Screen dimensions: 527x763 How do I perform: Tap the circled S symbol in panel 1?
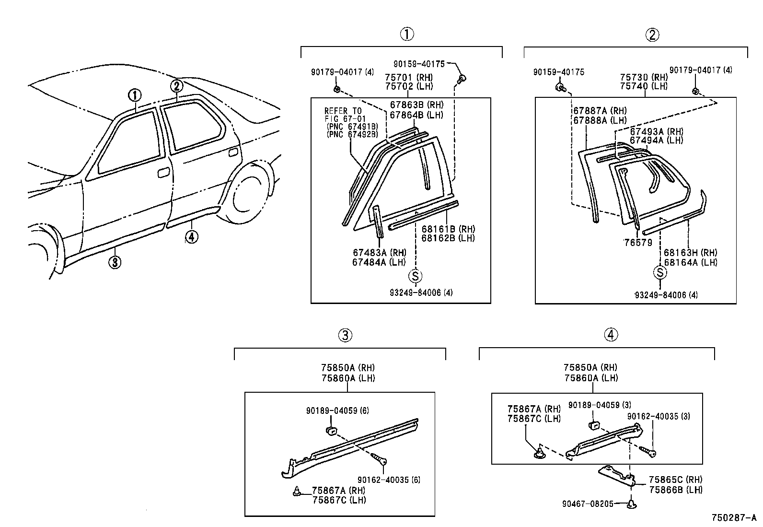(x=416, y=276)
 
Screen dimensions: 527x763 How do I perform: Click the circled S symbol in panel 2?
(x=660, y=273)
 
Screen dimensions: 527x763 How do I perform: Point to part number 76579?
(x=638, y=243)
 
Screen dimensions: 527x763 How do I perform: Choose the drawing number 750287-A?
(x=734, y=518)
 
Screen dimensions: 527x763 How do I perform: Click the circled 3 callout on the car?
(x=114, y=262)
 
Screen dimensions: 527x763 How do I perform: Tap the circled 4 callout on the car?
(x=191, y=236)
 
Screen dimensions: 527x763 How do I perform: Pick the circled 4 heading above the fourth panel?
(x=611, y=335)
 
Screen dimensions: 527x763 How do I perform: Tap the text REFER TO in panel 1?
(x=343, y=111)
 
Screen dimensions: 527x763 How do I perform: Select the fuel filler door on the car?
(x=233, y=152)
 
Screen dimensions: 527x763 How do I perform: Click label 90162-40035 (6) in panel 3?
(x=389, y=480)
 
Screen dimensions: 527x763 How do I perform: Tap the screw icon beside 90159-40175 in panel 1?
(x=462, y=79)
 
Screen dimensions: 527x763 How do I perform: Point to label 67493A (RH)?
(x=656, y=131)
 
